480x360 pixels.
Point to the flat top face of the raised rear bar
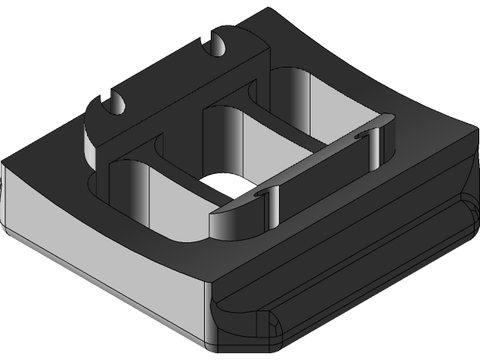180,82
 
